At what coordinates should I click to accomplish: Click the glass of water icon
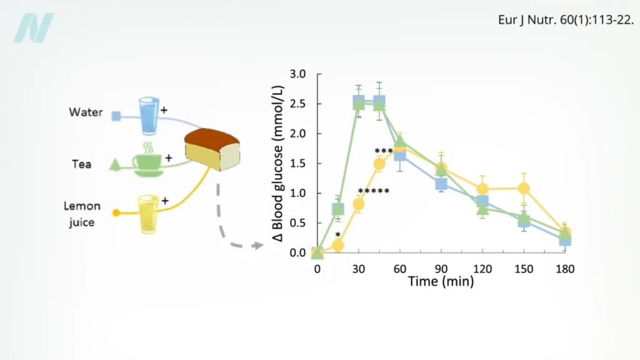pos(148,115)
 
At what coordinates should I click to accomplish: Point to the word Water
pos(86,113)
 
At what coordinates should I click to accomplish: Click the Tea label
pos(81,164)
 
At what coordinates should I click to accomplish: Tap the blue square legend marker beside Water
pos(116,116)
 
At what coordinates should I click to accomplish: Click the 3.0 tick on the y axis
pos(298,74)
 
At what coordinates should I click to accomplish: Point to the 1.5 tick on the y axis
pos(298,164)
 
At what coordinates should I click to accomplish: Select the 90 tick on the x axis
pos(441,268)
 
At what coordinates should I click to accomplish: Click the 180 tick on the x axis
pos(565,268)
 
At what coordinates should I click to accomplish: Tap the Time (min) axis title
pos(441,281)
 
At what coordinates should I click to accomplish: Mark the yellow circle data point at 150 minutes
pos(524,188)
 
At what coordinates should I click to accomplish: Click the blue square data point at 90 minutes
pos(441,184)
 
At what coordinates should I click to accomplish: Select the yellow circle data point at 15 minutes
pos(338,245)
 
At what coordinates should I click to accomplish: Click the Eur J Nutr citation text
pos(566,20)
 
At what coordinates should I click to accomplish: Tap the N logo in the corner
pos(34,27)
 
